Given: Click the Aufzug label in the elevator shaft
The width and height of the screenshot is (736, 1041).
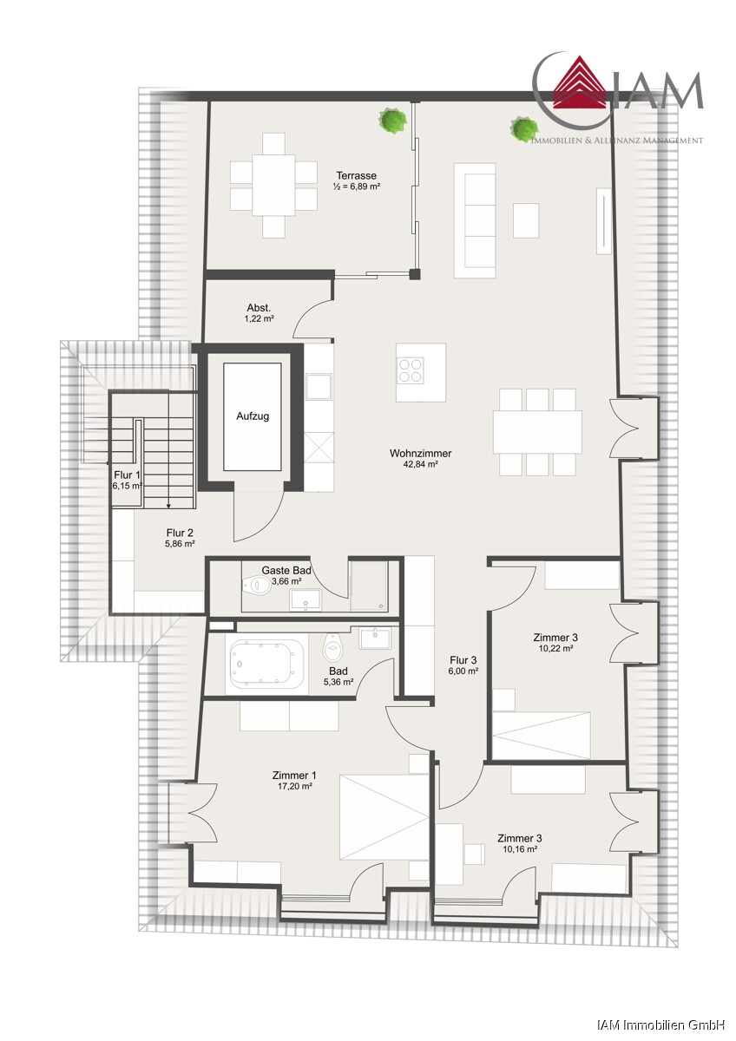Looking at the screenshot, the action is [x=253, y=416].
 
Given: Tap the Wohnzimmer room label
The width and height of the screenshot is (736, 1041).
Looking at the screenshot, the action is [x=420, y=453].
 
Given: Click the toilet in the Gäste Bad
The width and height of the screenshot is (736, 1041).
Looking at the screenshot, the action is [x=258, y=585].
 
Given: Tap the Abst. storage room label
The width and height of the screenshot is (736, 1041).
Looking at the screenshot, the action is [x=259, y=308].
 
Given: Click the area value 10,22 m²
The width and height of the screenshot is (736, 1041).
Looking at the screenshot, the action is [x=555, y=648].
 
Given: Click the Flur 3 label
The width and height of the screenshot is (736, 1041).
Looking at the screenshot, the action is [x=463, y=660].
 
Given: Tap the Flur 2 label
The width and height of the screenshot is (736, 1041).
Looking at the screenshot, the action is [x=180, y=533].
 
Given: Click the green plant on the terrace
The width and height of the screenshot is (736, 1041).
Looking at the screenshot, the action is [x=389, y=120].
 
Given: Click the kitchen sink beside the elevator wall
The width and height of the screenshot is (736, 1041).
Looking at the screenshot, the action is [x=319, y=387].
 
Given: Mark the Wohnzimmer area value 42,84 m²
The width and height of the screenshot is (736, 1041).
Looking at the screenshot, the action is [x=421, y=464].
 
